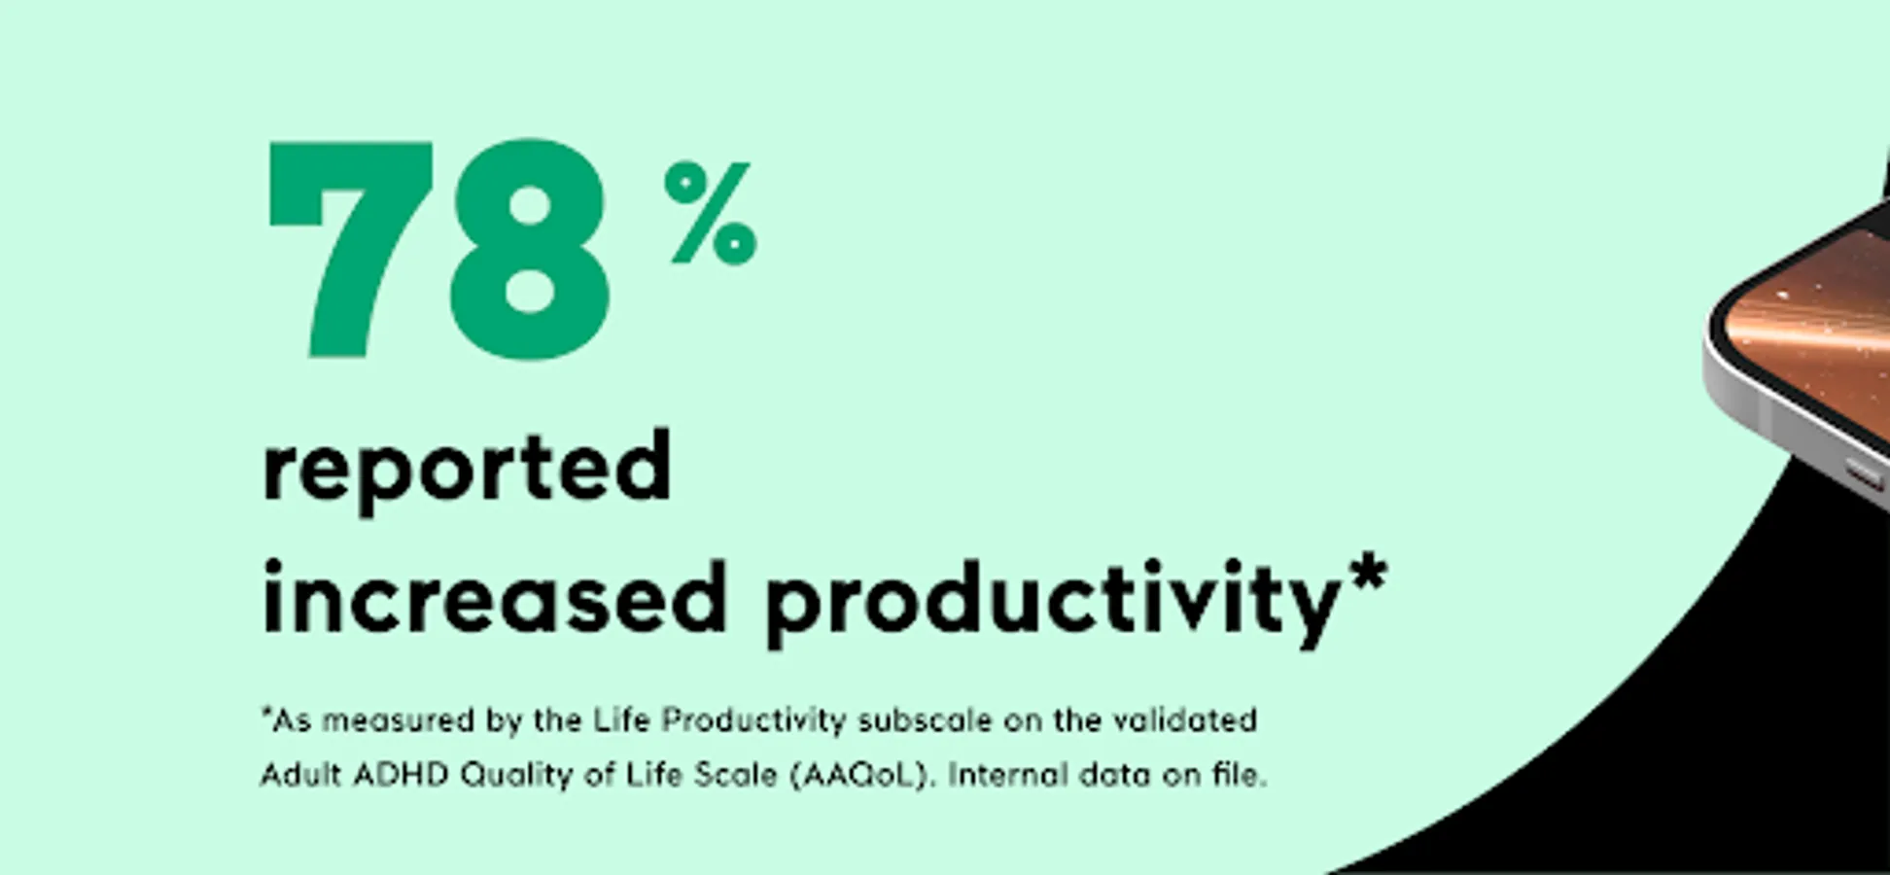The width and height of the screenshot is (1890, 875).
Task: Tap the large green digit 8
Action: click(x=530, y=250)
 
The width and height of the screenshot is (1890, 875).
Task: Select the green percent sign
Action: click(x=711, y=213)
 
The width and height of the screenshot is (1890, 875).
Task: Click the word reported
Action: click(x=467, y=471)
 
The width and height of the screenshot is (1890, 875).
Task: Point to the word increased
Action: click(x=495, y=597)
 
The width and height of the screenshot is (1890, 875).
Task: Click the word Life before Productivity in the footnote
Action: click(x=621, y=720)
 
